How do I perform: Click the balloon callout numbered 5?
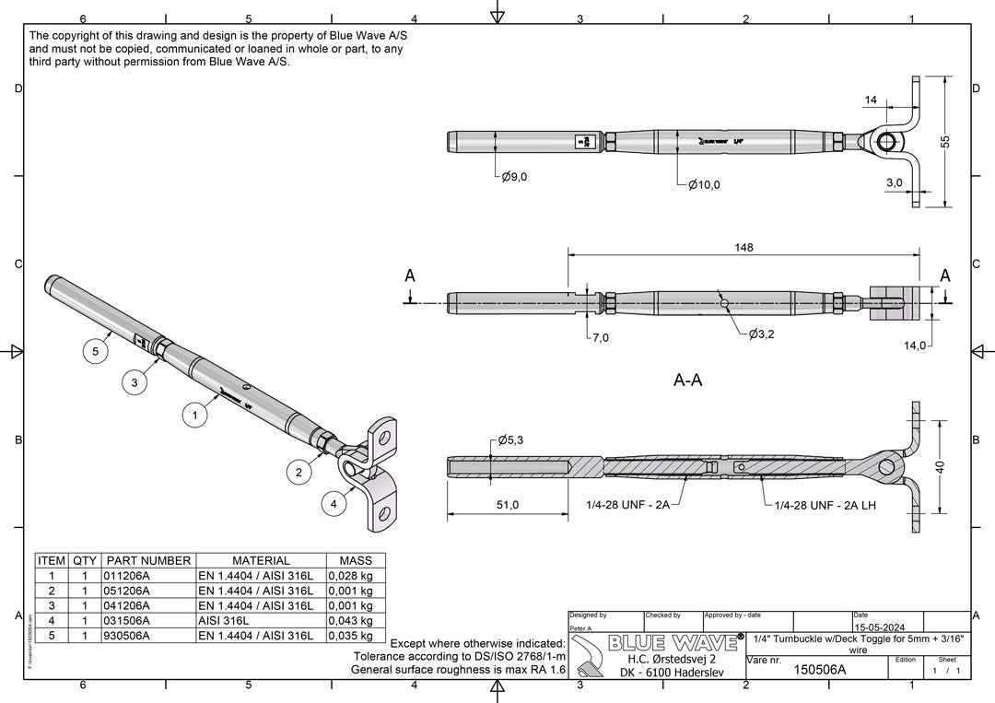(x=95, y=350)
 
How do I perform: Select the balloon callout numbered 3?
(x=135, y=383)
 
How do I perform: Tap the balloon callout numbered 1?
(x=194, y=416)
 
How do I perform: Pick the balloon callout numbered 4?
(x=334, y=504)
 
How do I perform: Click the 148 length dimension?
(x=743, y=247)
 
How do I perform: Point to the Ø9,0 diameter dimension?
(x=514, y=177)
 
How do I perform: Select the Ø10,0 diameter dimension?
(x=704, y=184)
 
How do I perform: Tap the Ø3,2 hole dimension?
(x=761, y=334)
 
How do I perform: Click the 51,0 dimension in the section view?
(x=508, y=504)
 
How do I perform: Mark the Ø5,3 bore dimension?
(x=513, y=440)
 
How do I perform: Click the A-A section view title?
(x=687, y=380)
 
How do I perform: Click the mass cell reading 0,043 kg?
(x=350, y=621)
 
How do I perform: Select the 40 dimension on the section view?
(x=940, y=467)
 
